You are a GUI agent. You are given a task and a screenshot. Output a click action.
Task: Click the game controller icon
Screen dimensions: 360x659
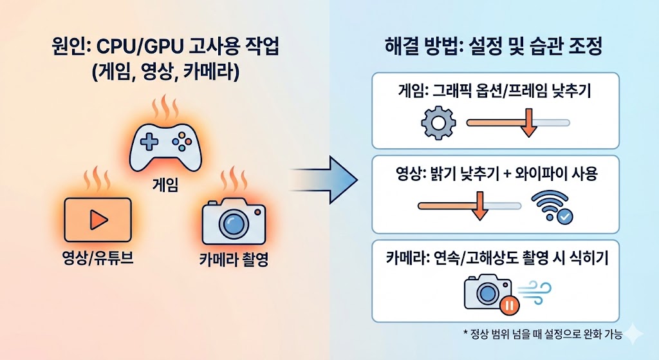click(x=165, y=146)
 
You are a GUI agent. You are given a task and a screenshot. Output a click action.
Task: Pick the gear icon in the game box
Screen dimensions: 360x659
click(x=438, y=122)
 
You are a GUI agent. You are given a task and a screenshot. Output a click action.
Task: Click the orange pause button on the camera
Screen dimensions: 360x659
click(x=508, y=305)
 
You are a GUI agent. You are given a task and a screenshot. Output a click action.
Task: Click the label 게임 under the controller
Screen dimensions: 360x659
click(x=165, y=186)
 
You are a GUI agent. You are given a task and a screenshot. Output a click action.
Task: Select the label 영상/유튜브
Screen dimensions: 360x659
click(x=97, y=261)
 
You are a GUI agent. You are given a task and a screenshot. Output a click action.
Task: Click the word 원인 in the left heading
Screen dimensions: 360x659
click(x=67, y=49)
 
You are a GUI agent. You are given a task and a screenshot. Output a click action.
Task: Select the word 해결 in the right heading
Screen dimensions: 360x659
click(x=402, y=49)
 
